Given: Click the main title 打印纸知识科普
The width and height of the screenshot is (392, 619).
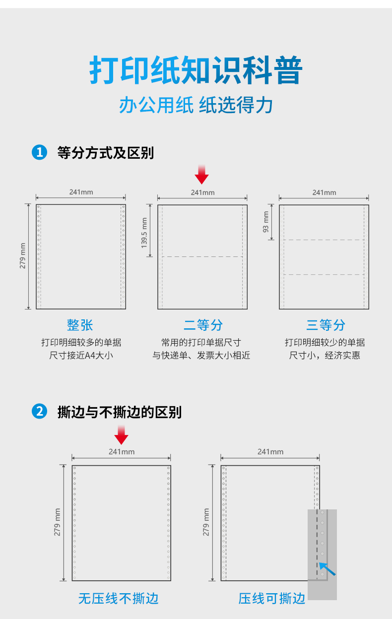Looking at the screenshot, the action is pyautogui.click(x=196, y=69).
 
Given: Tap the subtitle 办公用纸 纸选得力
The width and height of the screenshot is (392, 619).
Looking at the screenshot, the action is pyautogui.click(x=196, y=105).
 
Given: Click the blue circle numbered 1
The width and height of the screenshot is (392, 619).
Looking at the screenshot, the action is pyautogui.click(x=40, y=152).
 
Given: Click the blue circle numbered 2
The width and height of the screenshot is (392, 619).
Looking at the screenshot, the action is pyautogui.click(x=40, y=411).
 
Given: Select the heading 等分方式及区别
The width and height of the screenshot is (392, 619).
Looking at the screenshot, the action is pyautogui.click(x=105, y=153).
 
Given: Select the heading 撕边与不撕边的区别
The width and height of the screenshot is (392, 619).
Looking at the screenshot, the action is pyautogui.click(x=120, y=412).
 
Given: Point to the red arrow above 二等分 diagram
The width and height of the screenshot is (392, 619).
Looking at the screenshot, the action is pyautogui.click(x=201, y=175).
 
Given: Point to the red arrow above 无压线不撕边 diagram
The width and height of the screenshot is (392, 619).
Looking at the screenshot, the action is pyautogui.click(x=122, y=434).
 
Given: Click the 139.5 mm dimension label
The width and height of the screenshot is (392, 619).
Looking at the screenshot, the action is pyautogui.click(x=144, y=233).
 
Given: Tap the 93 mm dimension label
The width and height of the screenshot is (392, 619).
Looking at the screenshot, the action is pyautogui.click(x=265, y=222).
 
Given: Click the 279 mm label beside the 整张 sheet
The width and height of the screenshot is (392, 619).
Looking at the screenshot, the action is pyautogui.click(x=22, y=255).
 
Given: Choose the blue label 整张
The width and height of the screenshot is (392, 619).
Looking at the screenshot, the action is pyautogui.click(x=80, y=325).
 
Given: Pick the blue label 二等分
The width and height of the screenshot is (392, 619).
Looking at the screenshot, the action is pyautogui.click(x=203, y=325).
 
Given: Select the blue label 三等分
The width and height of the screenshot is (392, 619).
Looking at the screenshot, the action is pyautogui.click(x=326, y=325).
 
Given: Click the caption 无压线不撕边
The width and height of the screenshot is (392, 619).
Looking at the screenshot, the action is pyautogui.click(x=118, y=599).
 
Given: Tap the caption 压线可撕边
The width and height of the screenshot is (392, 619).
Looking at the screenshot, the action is pyautogui.click(x=272, y=599).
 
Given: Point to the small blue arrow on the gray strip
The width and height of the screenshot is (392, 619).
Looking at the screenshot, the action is pyautogui.click(x=327, y=569).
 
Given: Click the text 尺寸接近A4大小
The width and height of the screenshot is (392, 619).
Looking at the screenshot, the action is pyautogui.click(x=81, y=355).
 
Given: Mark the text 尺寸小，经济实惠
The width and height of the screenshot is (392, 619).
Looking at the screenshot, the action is pyautogui.click(x=325, y=355).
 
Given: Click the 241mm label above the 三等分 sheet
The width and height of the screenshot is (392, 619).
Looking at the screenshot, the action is pyautogui.click(x=325, y=192).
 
